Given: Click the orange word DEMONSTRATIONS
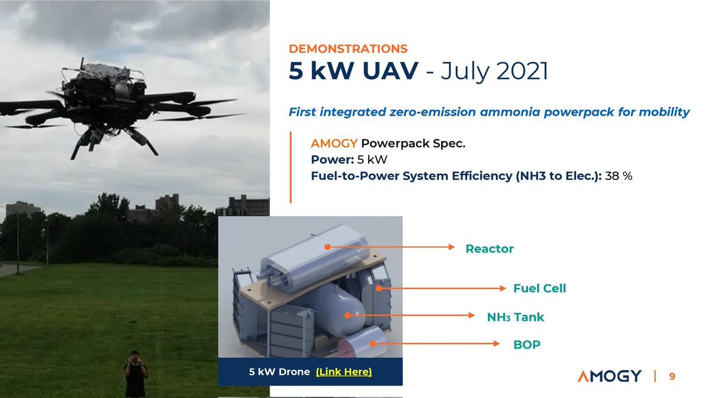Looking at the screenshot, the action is tap(348, 48).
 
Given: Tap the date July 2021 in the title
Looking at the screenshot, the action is tap(494, 71).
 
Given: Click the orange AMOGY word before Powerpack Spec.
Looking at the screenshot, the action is tap(334, 143).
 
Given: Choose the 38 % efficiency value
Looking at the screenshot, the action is tap(619, 176).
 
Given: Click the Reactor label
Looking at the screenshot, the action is tap(490, 249).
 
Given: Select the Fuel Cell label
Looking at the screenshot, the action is tap(540, 288).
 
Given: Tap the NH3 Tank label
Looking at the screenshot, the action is tap(516, 317).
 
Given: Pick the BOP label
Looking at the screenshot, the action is tap(527, 344).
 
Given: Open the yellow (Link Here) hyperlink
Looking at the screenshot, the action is tap(343, 372).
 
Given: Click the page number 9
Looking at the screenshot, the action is tap(672, 376).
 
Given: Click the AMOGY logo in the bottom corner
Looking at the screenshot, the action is tap(609, 376).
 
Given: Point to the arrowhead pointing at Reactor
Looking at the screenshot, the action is tap(452, 247).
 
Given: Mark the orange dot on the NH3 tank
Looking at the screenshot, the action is tap(348, 315).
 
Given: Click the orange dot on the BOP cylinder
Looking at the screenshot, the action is tap(372, 344).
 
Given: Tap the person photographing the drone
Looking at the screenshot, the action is tap(136, 374).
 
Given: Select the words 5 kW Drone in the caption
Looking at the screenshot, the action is tap(279, 372).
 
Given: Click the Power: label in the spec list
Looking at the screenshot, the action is tap(332, 160).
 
